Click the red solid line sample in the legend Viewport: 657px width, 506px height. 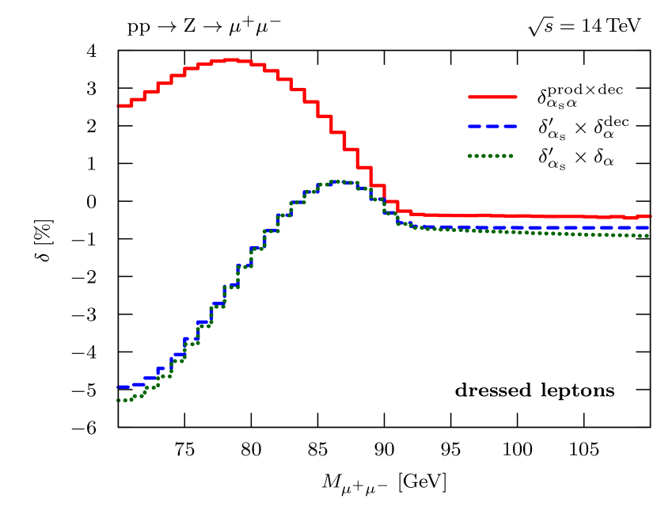[492, 97]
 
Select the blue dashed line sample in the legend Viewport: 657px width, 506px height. [492, 126]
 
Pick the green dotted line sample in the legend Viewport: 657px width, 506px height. [491, 156]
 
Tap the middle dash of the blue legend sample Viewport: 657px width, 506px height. [492, 126]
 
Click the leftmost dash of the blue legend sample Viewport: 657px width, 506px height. [475, 126]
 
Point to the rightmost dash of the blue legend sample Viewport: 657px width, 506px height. [510, 126]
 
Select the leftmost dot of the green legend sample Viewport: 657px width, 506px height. [470, 156]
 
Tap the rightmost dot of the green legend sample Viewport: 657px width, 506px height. [511, 156]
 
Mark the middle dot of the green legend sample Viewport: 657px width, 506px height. [491, 156]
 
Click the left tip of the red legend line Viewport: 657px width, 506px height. [469, 97]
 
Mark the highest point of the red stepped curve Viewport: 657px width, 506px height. [230, 59]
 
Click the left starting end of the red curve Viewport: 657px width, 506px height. [118, 105]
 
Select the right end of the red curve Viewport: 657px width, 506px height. [649, 215]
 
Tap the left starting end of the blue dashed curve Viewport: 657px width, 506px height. [119, 386]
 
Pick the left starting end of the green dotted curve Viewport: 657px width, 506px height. [118, 400]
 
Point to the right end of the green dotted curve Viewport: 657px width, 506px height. [648, 235]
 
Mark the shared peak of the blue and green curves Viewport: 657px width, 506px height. [338, 181]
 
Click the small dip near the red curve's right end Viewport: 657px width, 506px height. [630, 218]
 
